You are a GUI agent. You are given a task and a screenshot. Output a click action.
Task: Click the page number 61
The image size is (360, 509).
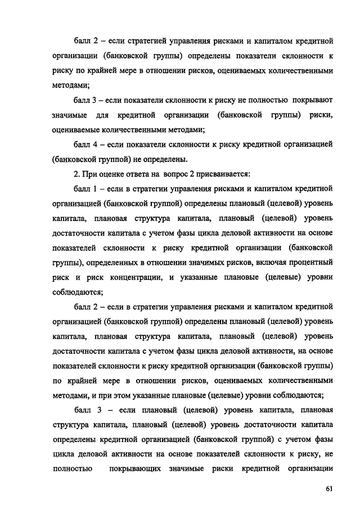tap(330, 488)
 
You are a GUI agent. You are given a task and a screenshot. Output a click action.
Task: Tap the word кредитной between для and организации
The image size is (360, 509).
tap(141, 115)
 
